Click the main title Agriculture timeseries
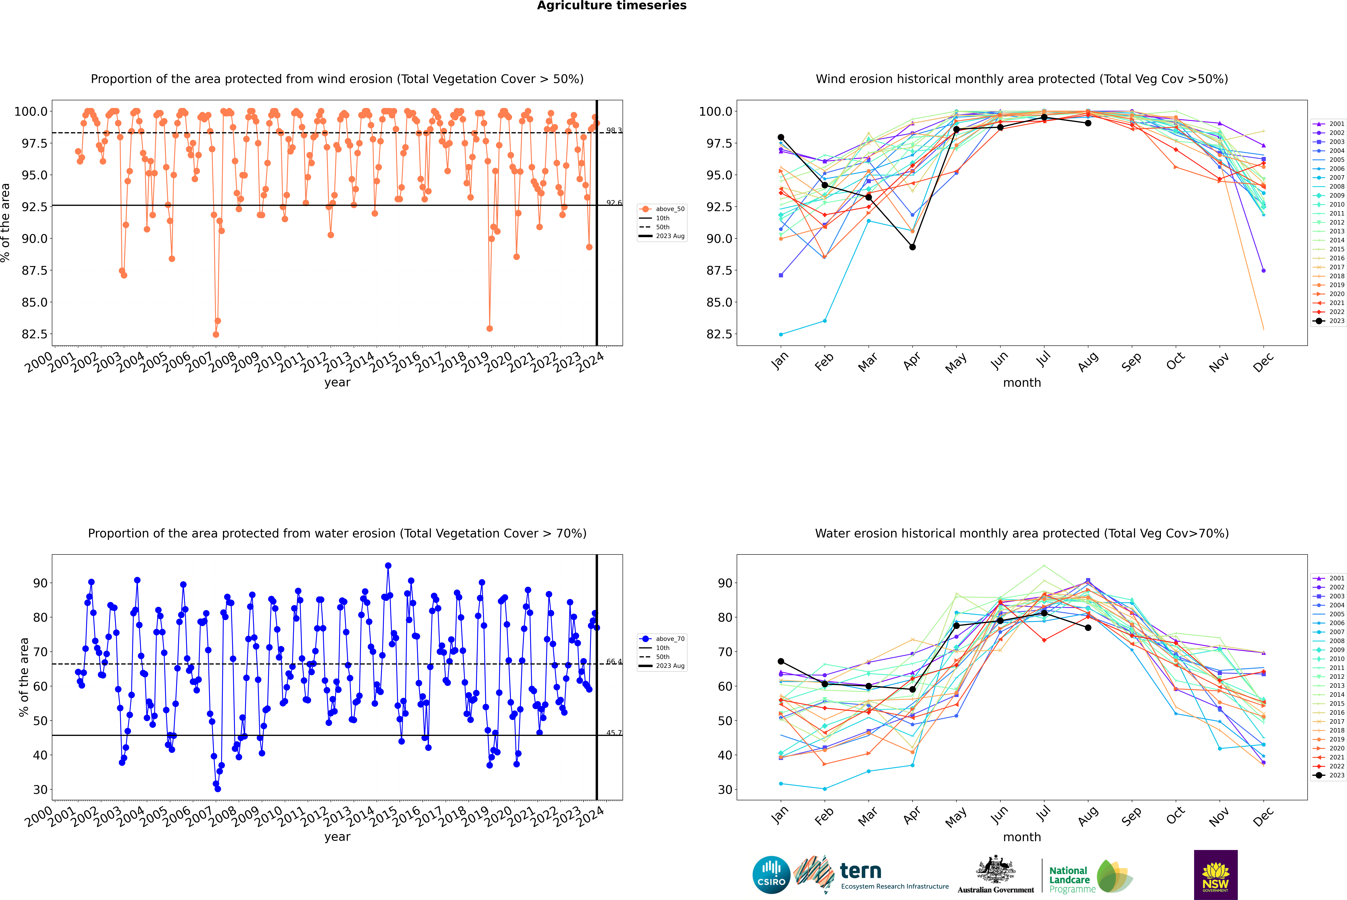pyautogui.click(x=611, y=6)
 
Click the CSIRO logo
pyautogui.click(x=771, y=875)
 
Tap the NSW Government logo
pyautogui.click(x=1215, y=875)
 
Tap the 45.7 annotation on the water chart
pyautogui.click(x=614, y=733)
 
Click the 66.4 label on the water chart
pyautogui.click(x=614, y=662)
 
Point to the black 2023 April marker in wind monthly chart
pyautogui.click(x=912, y=247)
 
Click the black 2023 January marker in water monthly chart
pyautogui.click(x=781, y=661)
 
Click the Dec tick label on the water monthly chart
pyautogui.click(x=1263, y=816)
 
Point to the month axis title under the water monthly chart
pyautogui.click(x=1022, y=837)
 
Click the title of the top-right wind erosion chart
pyautogui.click(x=1022, y=79)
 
